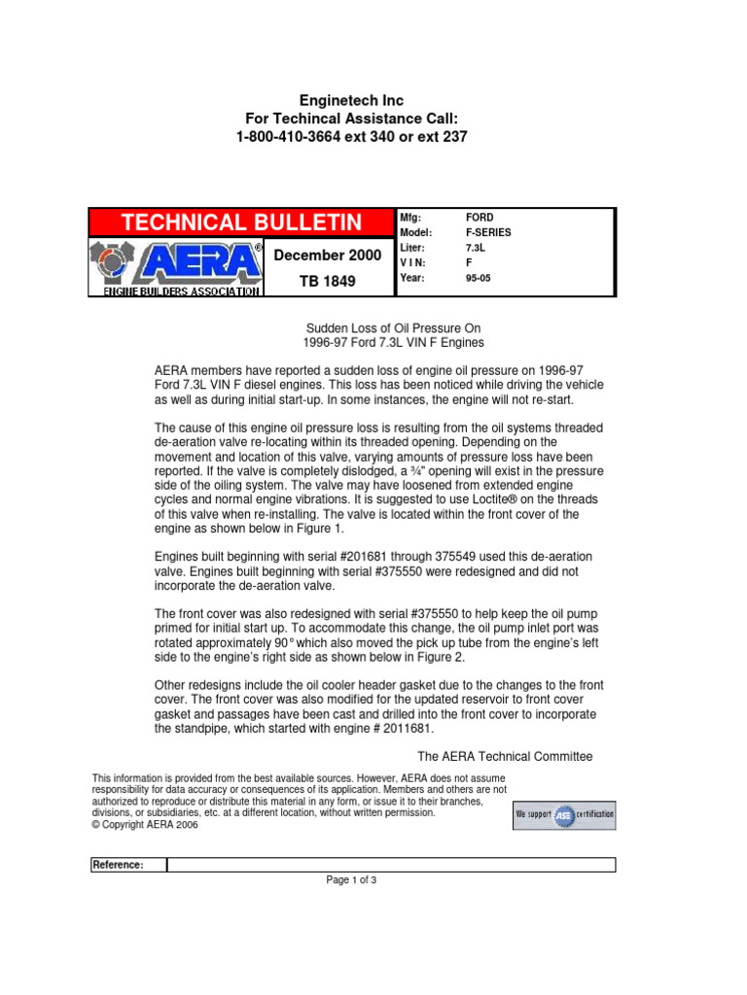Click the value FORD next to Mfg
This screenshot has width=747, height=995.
click(480, 218)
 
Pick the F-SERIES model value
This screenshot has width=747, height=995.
click(488, 233)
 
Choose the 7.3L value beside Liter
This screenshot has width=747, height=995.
click(477, 249)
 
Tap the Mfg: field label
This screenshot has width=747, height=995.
click(409, 218)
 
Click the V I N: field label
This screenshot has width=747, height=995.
click(414, 263)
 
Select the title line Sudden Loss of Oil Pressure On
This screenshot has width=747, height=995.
click(394, 328)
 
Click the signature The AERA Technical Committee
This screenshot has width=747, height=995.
click(504, 756)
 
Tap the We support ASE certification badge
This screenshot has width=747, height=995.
click(564, 814)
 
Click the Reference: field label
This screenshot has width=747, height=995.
click(119, 865)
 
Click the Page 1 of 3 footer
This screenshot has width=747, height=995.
click(351, 880)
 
